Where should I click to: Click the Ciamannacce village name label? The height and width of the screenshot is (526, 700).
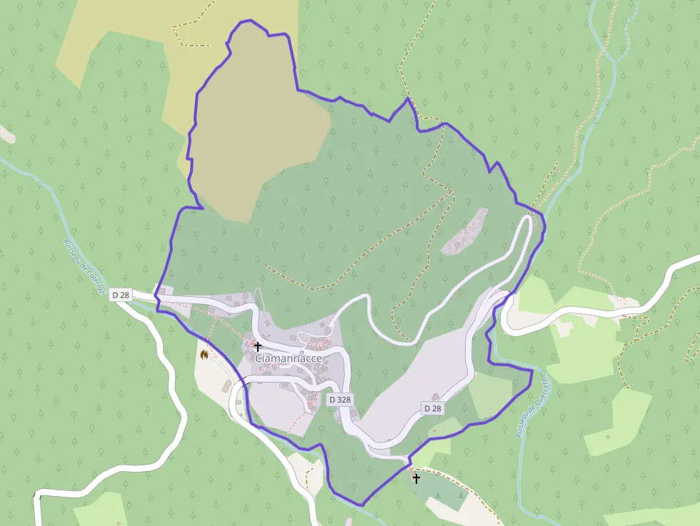tap(289, 358)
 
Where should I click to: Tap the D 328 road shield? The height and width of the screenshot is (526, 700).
tap(340, 400)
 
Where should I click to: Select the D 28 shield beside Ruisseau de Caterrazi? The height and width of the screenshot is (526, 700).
tap(120, 294)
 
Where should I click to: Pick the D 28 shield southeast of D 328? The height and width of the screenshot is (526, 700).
tap(432, 408)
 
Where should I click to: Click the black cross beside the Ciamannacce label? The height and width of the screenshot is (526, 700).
tap(258, 346)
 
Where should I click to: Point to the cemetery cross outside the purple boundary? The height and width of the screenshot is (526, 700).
tap(416, 478)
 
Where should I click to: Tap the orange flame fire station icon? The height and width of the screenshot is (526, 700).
tap(204, 354)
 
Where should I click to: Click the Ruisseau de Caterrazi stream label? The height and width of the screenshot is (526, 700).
tap(85, 268)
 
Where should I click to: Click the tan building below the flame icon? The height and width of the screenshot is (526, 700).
tap(227, 386)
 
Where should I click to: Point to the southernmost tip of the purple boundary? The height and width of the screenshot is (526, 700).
tap(361, 505)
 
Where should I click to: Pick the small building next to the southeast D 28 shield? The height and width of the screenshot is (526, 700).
tap(434, 396)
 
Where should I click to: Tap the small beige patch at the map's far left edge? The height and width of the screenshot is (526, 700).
tap(6, 133)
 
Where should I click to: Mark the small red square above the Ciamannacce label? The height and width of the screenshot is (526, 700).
tap(301, 352)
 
